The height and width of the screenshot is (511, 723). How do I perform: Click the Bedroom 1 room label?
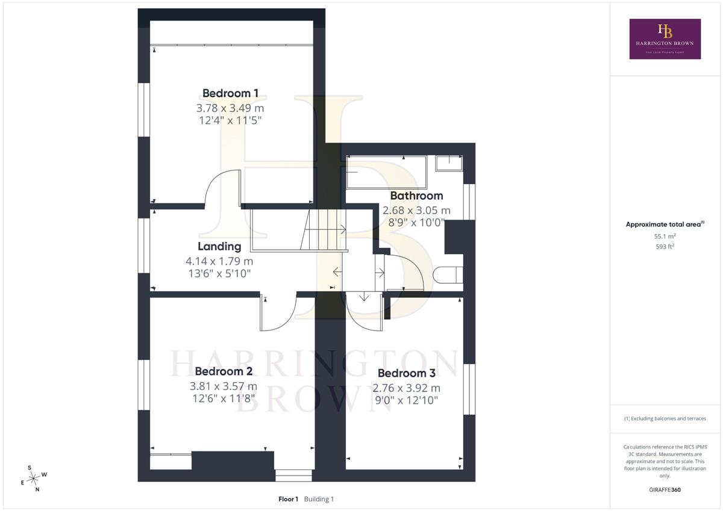click(230, 93)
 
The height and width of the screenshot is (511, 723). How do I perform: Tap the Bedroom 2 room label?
click(224, 371)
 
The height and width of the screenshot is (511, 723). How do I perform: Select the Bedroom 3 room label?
click(406, 373)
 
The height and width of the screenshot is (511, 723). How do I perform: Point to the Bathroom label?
click(416, 196)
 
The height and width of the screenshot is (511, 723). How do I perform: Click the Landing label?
click(219, 246)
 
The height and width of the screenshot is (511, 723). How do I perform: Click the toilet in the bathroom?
click(448, 275)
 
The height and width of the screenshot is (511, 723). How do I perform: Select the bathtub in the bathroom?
click(387, 173)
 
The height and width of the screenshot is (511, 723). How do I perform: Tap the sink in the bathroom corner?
click(449, 163)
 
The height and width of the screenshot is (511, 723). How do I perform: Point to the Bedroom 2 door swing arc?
click(287, 323)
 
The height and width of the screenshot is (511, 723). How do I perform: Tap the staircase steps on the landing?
click(324, 229)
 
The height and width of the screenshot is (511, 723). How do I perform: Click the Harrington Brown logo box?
click(665, 39)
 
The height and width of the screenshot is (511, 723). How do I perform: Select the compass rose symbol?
click(34, 478)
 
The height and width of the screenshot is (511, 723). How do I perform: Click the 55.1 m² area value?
click(665, 236)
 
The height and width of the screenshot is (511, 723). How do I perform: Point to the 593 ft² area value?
click(665, 246)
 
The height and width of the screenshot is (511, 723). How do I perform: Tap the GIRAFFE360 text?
click(665, 490)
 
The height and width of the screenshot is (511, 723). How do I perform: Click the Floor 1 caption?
click(288, 499)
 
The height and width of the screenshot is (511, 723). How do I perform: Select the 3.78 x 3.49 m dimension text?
click(230, 108)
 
